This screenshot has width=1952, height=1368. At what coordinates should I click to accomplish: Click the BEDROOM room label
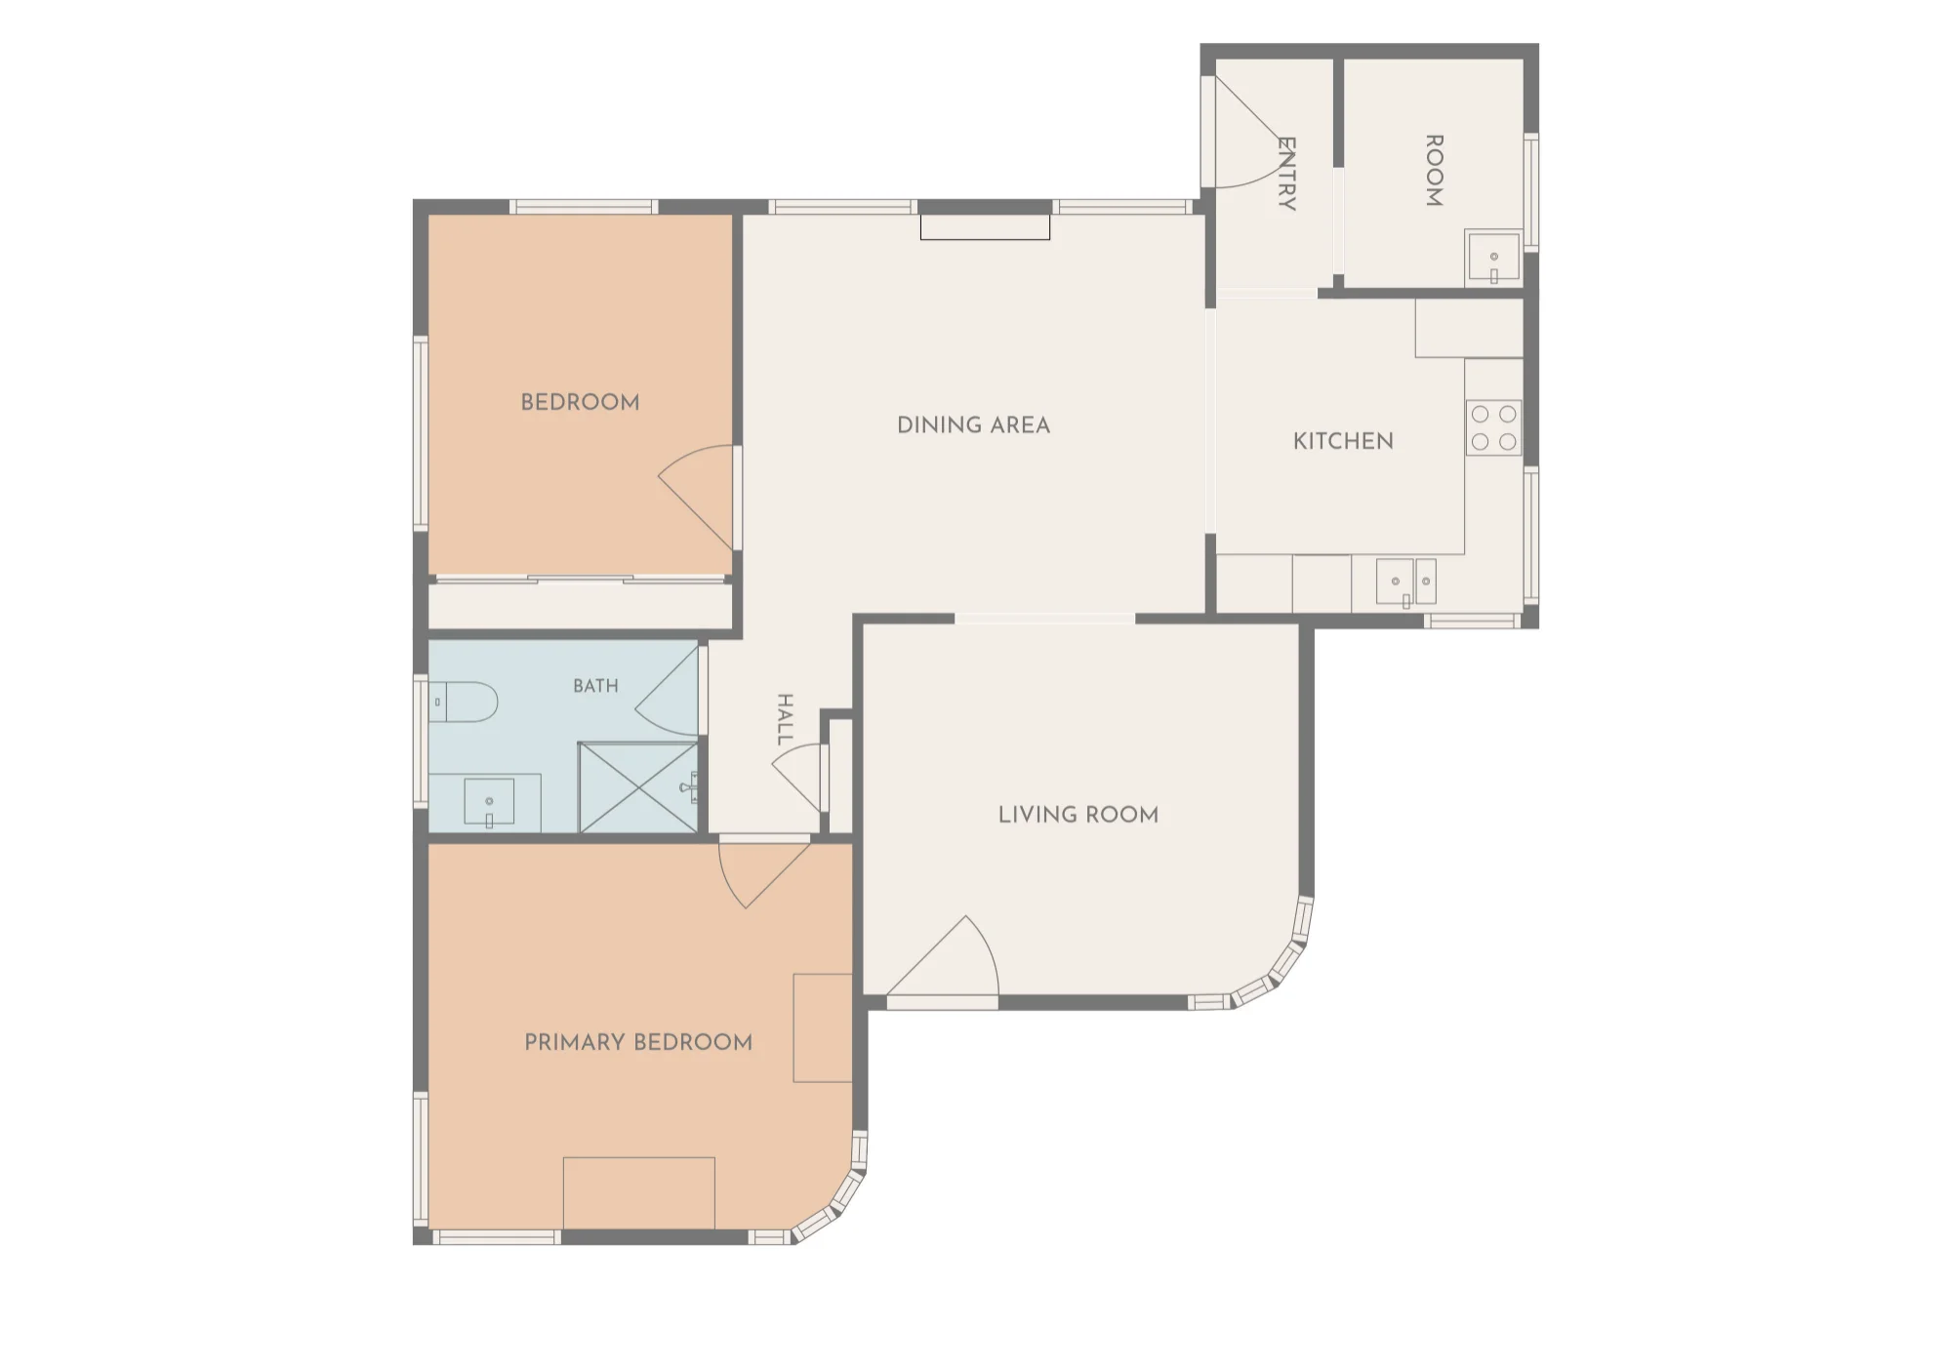click(580, 402)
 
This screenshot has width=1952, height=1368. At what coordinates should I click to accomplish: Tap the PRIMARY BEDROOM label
click(638, 1042)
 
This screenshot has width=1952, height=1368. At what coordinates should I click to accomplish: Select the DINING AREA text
click(973, 425)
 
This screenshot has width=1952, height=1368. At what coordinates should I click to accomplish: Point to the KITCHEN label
click(1343, 441)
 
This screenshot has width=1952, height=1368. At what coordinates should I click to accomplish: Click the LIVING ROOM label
click(1078, 815)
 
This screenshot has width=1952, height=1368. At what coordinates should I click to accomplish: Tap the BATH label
click(595, 686)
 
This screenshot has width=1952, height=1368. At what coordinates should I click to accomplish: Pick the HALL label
click(785, 720)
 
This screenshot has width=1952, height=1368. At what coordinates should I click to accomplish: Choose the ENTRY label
click(1286, 174)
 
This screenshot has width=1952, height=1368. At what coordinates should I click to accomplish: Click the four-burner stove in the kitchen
click(1493, 428)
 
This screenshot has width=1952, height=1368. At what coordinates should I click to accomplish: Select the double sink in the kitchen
click(1406, 583)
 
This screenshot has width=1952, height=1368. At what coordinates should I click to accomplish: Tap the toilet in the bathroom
click(464, 702)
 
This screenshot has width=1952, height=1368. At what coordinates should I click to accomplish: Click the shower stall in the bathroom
click(638, 787)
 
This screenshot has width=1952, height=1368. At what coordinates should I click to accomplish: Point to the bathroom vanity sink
click(489, 803)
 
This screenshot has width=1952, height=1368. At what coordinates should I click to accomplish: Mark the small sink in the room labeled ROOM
click(1493, 258)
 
